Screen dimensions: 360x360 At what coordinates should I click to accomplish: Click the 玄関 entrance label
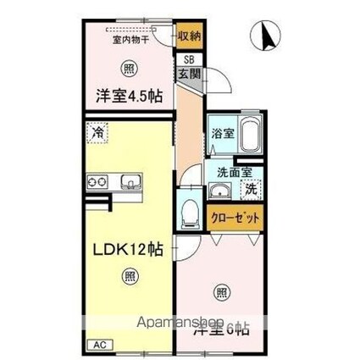point(188,73)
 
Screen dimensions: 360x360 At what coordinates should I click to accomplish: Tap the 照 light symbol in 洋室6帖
point(221,293)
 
